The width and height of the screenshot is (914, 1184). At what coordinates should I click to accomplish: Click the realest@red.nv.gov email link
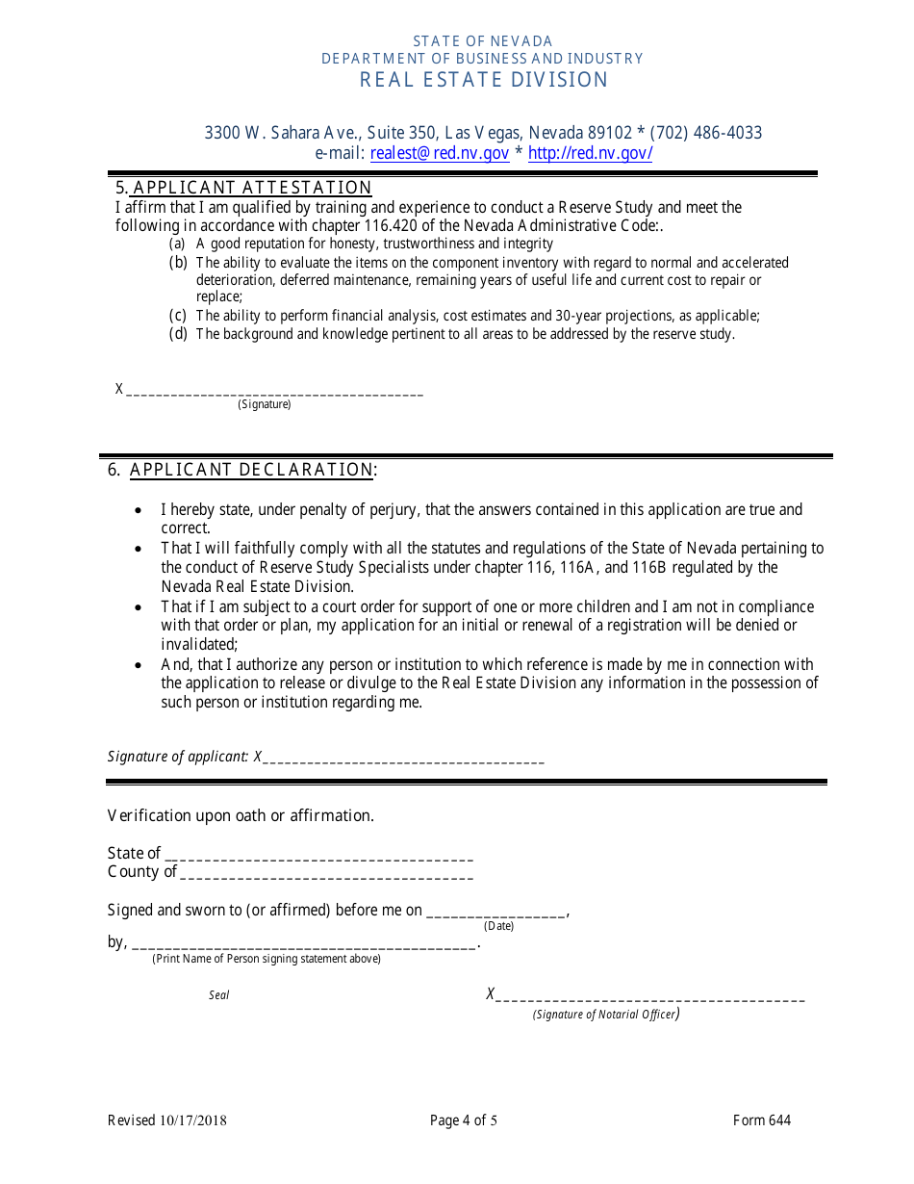pos(440,153)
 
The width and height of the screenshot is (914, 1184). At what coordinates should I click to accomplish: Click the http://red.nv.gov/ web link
pos(590,153)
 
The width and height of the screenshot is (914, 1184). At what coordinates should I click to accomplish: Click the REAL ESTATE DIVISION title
pos(484,80)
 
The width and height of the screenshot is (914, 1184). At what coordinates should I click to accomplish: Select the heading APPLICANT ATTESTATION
pos(252,188)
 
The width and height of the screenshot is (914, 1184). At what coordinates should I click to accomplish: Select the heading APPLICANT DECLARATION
pos(251,470)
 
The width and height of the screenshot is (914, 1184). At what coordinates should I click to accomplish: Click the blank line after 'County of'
pos(327,875)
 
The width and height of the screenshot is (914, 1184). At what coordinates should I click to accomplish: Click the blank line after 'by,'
pos(303,946)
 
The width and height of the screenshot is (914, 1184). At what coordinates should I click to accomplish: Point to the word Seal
pos(219,995)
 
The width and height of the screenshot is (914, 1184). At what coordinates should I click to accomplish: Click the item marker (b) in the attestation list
pos(178,262)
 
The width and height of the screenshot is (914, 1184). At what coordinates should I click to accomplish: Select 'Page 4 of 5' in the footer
pos(464,1120)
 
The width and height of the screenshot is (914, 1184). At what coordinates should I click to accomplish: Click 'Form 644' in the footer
pos(762,1120)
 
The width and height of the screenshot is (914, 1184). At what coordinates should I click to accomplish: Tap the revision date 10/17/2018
pos(193,1120)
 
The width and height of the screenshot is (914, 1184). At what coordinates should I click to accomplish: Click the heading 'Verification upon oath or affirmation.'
pos(241,815)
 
